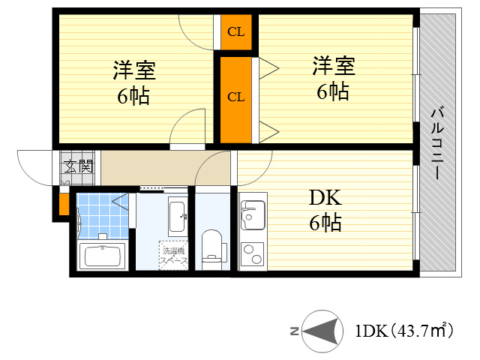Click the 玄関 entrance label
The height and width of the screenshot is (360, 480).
pos(77,166)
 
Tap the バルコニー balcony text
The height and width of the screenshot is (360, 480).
pos(435,143)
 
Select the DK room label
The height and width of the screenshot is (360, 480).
pos(325,199)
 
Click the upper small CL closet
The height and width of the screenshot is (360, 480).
pos(236,32)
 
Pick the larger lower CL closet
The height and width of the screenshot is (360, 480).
pos(236,97)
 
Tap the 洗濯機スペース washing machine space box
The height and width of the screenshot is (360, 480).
pos(172,255)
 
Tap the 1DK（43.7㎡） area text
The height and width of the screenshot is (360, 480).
pos(403,330)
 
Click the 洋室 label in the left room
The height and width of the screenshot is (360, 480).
pos(134,71)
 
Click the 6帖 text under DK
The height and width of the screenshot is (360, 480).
pos(325,223)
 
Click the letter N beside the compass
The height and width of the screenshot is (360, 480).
pos(295,331)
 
